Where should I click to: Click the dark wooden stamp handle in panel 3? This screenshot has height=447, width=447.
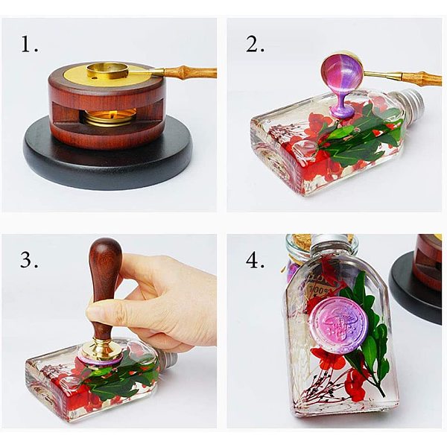105,285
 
